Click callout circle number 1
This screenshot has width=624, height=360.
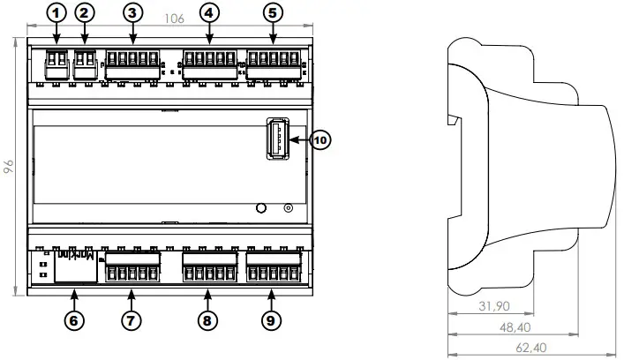point(57,13)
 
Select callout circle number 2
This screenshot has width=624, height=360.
point(85,13)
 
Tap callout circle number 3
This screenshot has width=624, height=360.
point(132,13)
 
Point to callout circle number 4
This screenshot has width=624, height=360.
point(208,13)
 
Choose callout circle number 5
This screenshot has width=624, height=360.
point(272,13)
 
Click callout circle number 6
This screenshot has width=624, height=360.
point(75,321)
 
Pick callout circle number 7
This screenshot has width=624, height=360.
point(130,321)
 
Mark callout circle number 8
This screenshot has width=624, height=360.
point(207,321)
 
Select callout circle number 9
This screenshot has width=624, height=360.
point(271,321)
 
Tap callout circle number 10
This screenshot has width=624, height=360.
point(320,139)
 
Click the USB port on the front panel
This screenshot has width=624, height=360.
point(274,139)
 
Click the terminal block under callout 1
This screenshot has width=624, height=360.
point(57,63)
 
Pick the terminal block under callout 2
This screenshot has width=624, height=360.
point(86,63)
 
